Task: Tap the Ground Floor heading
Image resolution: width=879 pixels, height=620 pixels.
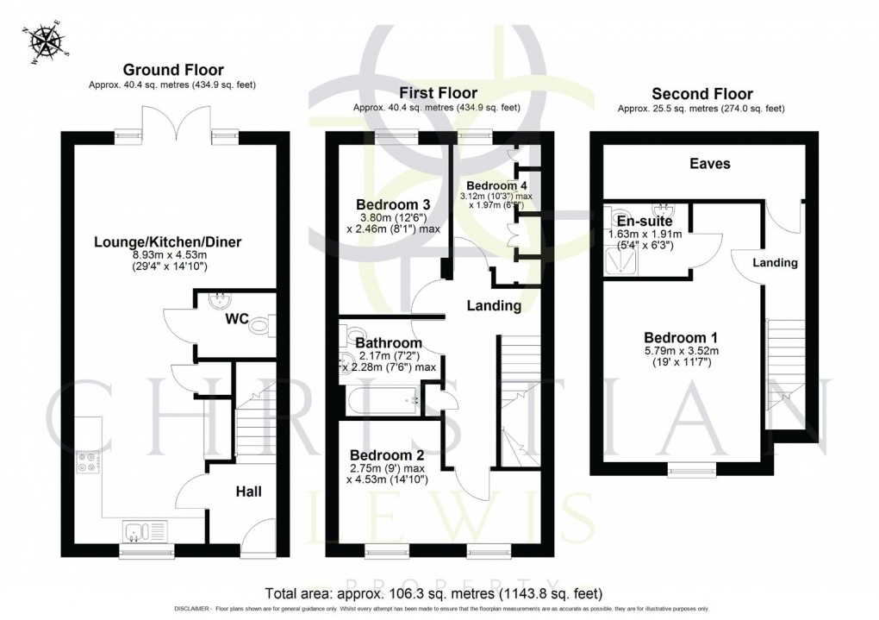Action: point(173,70)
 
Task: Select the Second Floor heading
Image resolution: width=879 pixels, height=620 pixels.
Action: point(701,94)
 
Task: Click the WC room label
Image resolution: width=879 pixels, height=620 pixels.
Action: point(237,319)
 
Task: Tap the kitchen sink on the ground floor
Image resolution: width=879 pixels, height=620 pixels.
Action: point(139,529)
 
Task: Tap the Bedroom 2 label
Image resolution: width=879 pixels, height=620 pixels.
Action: point(387,455)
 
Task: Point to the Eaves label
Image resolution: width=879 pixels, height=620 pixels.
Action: point(710,163)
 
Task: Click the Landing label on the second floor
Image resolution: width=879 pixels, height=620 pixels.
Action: point(774,262)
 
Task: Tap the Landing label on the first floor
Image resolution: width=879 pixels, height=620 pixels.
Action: point(494,305)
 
